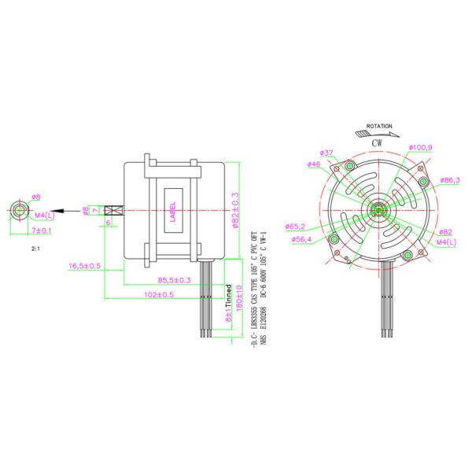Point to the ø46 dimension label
[312, 164]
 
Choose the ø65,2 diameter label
[296, 225]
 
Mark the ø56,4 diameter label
[301, 239]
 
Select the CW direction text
[378, 142]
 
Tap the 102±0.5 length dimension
[160, 295]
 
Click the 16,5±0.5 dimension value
[85, 266]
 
